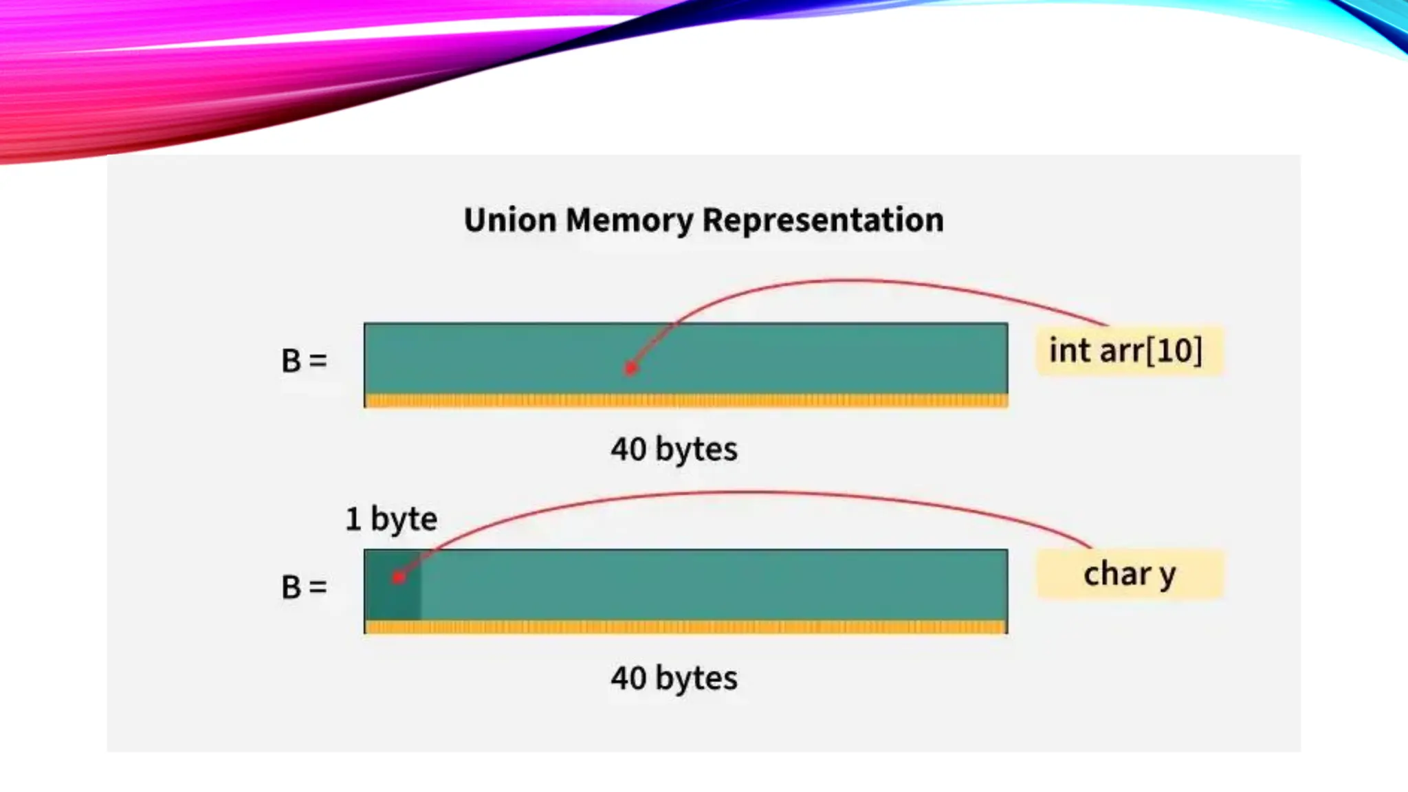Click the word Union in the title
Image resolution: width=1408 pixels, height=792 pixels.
tap(509, 221)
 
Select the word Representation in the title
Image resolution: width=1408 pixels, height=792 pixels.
tap(823, 221)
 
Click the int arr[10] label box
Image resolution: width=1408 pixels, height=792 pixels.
tap(1129, 351)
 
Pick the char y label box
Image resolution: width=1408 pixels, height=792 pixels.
tap(1129, 574)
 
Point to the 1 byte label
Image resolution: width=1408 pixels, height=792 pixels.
tap(390, 519)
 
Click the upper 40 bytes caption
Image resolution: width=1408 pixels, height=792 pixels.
tap(674, 450)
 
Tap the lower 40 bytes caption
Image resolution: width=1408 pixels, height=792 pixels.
tap(674, 679)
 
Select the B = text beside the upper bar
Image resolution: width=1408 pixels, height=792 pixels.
tap(304, 361)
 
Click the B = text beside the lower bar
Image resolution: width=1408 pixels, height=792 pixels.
tap(304, 588)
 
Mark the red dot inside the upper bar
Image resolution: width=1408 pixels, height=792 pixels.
tap(630, 368)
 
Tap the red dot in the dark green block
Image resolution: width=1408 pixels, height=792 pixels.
tap(398, 577)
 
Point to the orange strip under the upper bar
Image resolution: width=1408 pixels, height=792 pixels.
tap(685, 400)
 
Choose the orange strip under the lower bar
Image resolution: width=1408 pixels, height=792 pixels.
tap(685, 627)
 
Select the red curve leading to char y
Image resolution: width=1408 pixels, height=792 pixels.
tap(756, 492)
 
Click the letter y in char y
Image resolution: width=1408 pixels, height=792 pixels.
tap(1167, 575)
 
